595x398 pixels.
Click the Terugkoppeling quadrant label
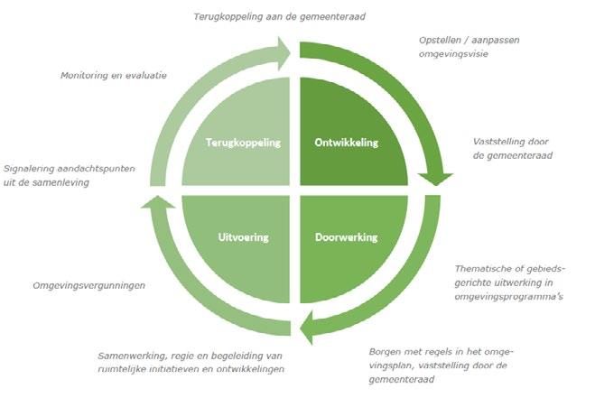243,143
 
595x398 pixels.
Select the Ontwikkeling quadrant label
347,143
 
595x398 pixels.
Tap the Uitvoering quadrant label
243,237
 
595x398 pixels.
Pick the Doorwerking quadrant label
347,237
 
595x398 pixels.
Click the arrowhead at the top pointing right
284,53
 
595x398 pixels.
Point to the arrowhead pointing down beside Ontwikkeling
435,179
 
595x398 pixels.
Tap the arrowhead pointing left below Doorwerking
307,327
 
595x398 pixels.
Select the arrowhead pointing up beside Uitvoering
158,201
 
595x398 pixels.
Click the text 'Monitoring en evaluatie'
114,75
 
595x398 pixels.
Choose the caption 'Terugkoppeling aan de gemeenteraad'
279,16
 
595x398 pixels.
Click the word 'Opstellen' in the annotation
441,41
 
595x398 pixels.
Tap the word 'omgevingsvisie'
453,54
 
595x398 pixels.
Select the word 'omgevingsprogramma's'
508,296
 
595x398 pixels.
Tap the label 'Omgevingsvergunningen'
88,285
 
